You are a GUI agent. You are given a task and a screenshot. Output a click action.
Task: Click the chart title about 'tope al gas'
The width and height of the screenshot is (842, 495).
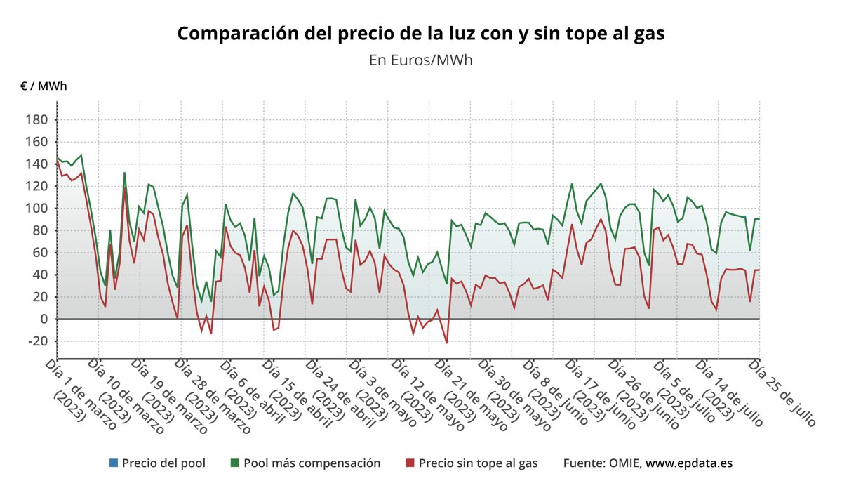pyautogui.click(x=420, y=34)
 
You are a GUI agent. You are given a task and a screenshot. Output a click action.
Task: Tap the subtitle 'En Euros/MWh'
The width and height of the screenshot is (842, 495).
pyautogui.click(x=420, y=60)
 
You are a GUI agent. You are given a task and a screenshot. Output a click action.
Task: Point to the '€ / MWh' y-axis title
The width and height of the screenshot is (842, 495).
pyautogui.click(x=44, y=86)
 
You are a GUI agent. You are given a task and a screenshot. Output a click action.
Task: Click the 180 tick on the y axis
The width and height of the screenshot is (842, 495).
pyautogui.click(x=36, y=120)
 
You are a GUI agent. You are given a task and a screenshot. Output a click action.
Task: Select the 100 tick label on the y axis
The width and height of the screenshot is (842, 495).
pyautogui.click(x=36, y=209)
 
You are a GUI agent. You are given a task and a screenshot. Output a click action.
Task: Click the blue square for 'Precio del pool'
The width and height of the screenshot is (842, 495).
pyautogui.click(x=114, y=463)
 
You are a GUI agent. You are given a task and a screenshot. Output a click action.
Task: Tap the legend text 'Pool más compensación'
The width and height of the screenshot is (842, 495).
pyautogui.click(x=312, y=463)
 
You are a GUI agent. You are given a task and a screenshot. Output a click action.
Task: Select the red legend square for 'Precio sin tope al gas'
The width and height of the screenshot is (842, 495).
pyautogui.click(x=410, y=463)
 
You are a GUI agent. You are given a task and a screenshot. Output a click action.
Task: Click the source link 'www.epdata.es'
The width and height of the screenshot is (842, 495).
pyautogui.click(x=689, y=463)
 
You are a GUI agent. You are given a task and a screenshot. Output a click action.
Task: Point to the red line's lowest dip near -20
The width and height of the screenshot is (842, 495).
pyautogui.click(x=446, y=343)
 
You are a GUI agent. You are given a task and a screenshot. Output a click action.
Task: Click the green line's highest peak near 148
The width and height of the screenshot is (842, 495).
pyautogui.click(x=81, y=155)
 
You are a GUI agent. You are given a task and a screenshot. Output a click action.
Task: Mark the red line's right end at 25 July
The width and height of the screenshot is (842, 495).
pyautogui.click(x=759, y=270)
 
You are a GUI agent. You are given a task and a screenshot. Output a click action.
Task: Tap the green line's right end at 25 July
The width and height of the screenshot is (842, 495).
pyautogui.click(x=759, y=219)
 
